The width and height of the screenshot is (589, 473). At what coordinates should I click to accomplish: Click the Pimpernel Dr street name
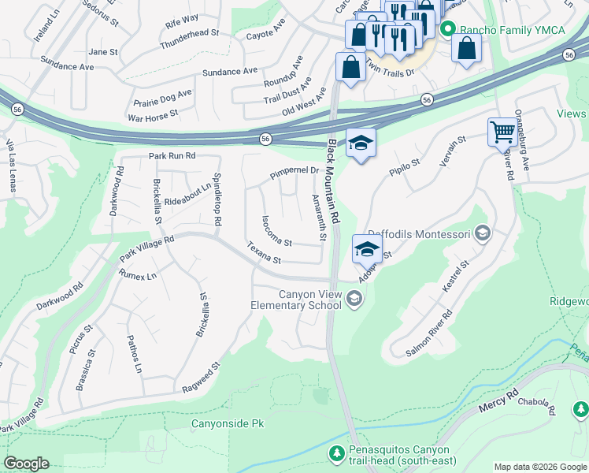click(294, 170)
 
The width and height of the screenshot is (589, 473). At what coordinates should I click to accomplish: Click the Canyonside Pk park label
click(227, 423)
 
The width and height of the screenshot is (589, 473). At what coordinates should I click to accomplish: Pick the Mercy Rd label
click(499, 402)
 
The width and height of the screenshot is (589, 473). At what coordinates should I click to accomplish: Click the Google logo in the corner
click(27, 464)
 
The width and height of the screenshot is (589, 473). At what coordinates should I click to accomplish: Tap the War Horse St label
click(153, 116)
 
